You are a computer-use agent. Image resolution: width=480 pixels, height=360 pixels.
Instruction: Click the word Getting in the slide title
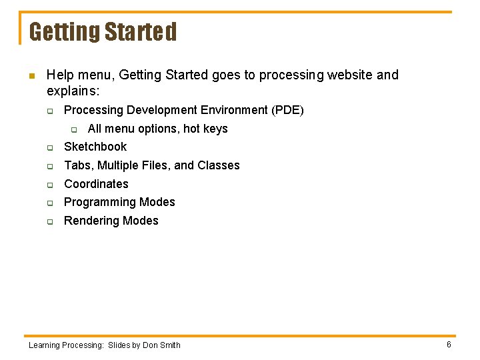[61, 32]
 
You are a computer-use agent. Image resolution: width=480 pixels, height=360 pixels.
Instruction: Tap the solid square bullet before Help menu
[30, 75]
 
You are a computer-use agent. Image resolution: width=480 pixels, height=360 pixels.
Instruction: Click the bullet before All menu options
[74, 129]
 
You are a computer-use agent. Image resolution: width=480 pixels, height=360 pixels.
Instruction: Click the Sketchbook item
[95, 147]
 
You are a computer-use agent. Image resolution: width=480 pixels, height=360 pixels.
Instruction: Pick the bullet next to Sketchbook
[49, 147]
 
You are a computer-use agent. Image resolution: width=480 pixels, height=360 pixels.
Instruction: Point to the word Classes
[218, 165]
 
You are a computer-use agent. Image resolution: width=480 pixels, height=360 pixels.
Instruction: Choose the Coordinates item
[96, 184]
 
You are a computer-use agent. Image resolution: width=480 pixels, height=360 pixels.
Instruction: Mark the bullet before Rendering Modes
[49, 221]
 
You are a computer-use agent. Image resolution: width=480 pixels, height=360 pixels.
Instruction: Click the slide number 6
[449, 345]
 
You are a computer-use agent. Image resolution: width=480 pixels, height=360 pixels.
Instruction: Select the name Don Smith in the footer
[161, 345]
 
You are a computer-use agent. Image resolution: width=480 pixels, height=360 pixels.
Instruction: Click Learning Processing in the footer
[66, 345]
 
